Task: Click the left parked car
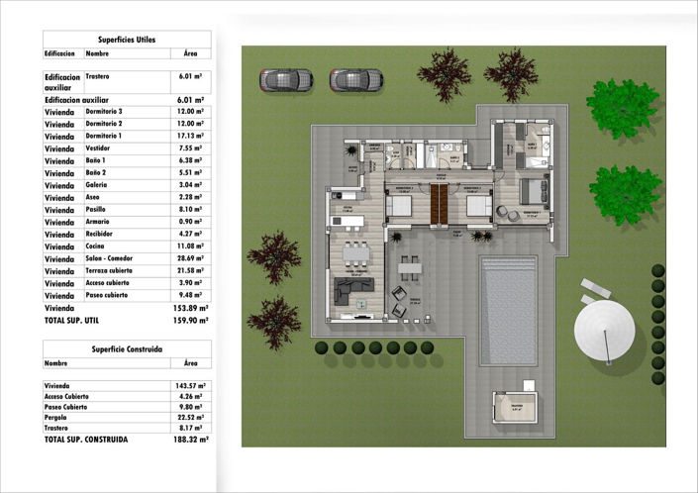286,78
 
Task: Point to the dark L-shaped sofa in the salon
353,291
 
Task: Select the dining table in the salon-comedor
354,253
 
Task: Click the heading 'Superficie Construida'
127,348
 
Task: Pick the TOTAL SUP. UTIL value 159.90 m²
190,320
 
